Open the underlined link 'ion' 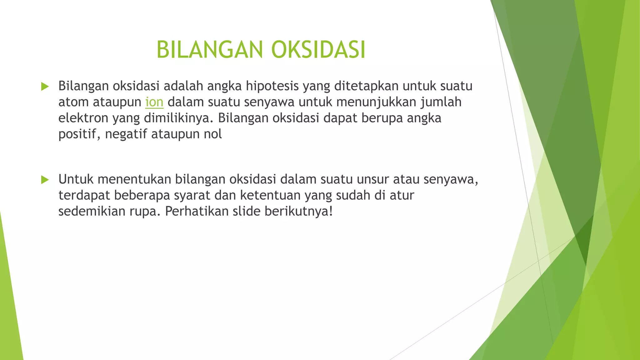[x=154, y=102]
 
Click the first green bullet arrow [x=45, y=87]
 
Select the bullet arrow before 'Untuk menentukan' [x=45, y=180]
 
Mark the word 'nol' [x=213, y=134]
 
